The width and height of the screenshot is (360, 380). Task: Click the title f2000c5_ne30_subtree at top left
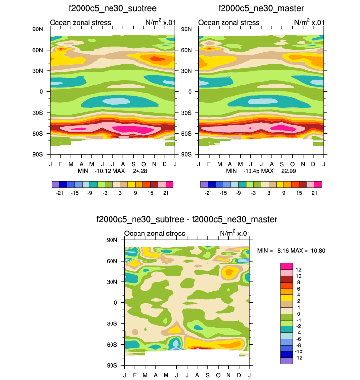point(112,8)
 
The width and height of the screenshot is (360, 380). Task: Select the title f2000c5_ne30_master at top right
point(261,8)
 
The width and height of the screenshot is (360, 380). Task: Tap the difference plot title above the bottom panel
point(187,219)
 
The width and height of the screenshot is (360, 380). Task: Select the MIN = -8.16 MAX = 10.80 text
point(291,251)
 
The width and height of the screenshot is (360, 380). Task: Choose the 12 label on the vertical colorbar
point(298,269)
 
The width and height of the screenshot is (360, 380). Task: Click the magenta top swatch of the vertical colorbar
point(287,266)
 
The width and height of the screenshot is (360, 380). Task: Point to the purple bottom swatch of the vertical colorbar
point(287,360)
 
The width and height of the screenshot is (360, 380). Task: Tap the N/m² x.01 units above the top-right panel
point(309,22)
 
